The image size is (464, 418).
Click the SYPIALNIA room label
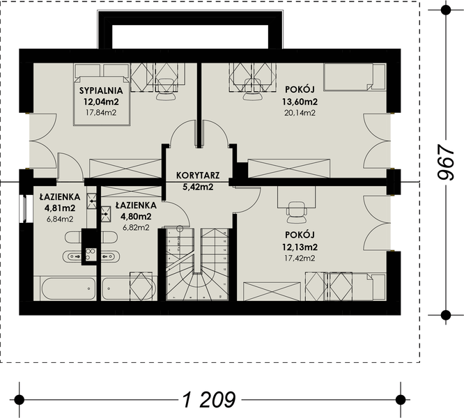tap(101, 91)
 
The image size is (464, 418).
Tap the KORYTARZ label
tap(198, 175)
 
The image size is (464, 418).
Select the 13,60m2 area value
tap(300, 102)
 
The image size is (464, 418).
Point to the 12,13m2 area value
tap(300, 247)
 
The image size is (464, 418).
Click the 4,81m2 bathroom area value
tap(60, 208)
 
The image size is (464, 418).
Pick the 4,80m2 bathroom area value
tap(136, 217)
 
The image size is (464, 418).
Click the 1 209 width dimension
tap(210, 400)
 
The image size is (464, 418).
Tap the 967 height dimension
tap(446, 162)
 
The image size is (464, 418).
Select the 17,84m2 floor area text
tap(101, 112)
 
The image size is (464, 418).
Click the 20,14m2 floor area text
tap(300, 113)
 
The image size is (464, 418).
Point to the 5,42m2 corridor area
tap(198, 187)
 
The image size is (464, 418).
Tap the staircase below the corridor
tap(197, 264)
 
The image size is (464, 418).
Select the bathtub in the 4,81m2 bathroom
tap(68, 288)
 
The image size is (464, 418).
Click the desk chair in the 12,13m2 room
tap(296, 212)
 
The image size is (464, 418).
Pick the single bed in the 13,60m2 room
tap(355, 77)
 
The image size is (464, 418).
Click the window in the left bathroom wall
tap(23, 208)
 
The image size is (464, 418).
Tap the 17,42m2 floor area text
tap(300, 258)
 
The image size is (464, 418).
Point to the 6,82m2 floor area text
tap(136, 228)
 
